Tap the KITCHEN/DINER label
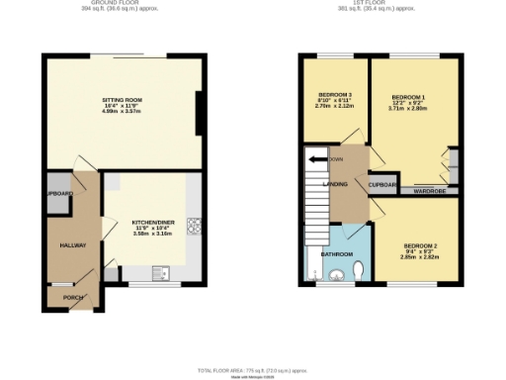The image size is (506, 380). [x=153, y=224]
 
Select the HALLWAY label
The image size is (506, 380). [x=73, y=244]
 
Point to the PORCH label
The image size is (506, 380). [x=73, y=296]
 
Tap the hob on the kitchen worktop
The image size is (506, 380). [x=194, y=226]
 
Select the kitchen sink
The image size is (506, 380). [x=160, y=272]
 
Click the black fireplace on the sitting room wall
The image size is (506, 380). [x=202, y=113]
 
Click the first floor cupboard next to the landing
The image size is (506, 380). [x=382, y=184]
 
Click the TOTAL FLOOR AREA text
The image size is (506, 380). [x=252, y=369]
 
